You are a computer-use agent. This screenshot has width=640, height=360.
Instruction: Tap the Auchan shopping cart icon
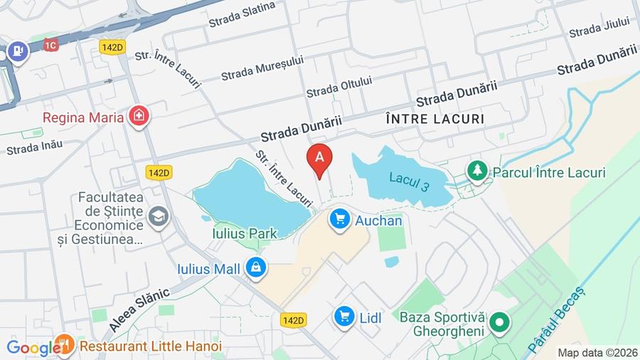pos(340,220)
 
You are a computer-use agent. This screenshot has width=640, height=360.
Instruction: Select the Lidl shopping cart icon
pos(345,317)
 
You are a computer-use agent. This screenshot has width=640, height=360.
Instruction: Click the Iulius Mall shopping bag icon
pos(255,268)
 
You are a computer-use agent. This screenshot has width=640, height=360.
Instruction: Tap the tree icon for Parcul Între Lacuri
pos(476,171)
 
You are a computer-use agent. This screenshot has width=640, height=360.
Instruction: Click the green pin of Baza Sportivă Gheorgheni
pos(500,324)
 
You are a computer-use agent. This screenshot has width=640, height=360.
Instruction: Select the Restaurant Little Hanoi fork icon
pos(65,346)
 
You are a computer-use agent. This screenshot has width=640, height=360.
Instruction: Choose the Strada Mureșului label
pos(262,68)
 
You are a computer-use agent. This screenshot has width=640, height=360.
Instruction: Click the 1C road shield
pos(50,45)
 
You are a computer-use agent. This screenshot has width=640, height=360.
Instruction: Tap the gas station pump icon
pos(17,51)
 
